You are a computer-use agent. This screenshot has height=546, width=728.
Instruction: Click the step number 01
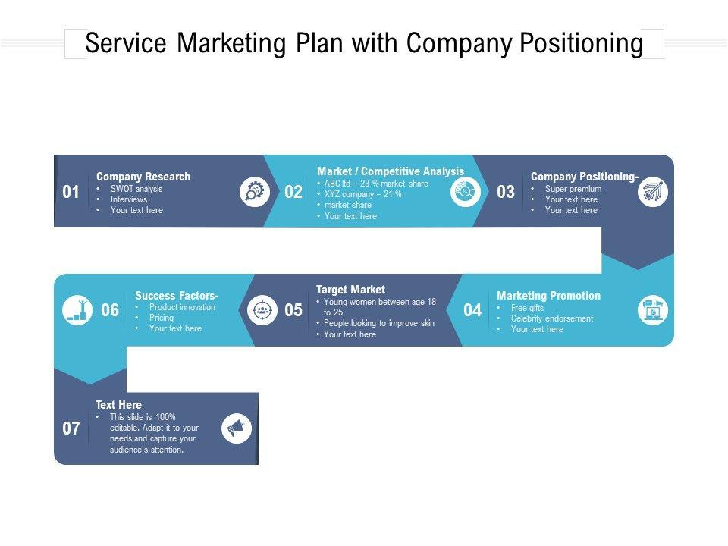71,193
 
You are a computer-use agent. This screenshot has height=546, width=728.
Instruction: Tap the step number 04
472,310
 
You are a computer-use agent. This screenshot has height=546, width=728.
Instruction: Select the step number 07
71,429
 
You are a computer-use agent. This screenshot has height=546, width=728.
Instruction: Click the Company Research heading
143,177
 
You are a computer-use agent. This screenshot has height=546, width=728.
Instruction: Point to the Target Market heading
350,290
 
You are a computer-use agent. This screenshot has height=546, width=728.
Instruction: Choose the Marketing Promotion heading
548,296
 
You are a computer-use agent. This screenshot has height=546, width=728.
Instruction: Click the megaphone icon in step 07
237,429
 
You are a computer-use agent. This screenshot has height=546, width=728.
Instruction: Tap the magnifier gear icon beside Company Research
255,192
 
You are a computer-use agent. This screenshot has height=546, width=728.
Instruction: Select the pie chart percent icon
465,193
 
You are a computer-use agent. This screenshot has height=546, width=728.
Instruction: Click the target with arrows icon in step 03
652,192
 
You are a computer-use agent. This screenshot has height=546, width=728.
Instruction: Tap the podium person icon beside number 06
77,310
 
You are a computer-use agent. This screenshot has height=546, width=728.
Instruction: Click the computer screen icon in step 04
652,310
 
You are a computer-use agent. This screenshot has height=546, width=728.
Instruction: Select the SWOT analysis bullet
136,189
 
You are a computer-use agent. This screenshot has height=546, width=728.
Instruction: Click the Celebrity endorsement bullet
551,318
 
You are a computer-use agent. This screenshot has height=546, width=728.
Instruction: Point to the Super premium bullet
573,189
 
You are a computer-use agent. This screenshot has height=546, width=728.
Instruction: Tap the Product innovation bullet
182,307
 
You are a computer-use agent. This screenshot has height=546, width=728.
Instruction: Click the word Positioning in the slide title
581,44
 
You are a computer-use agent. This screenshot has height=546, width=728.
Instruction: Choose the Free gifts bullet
527,308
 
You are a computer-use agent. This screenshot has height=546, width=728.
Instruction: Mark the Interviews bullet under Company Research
129,199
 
